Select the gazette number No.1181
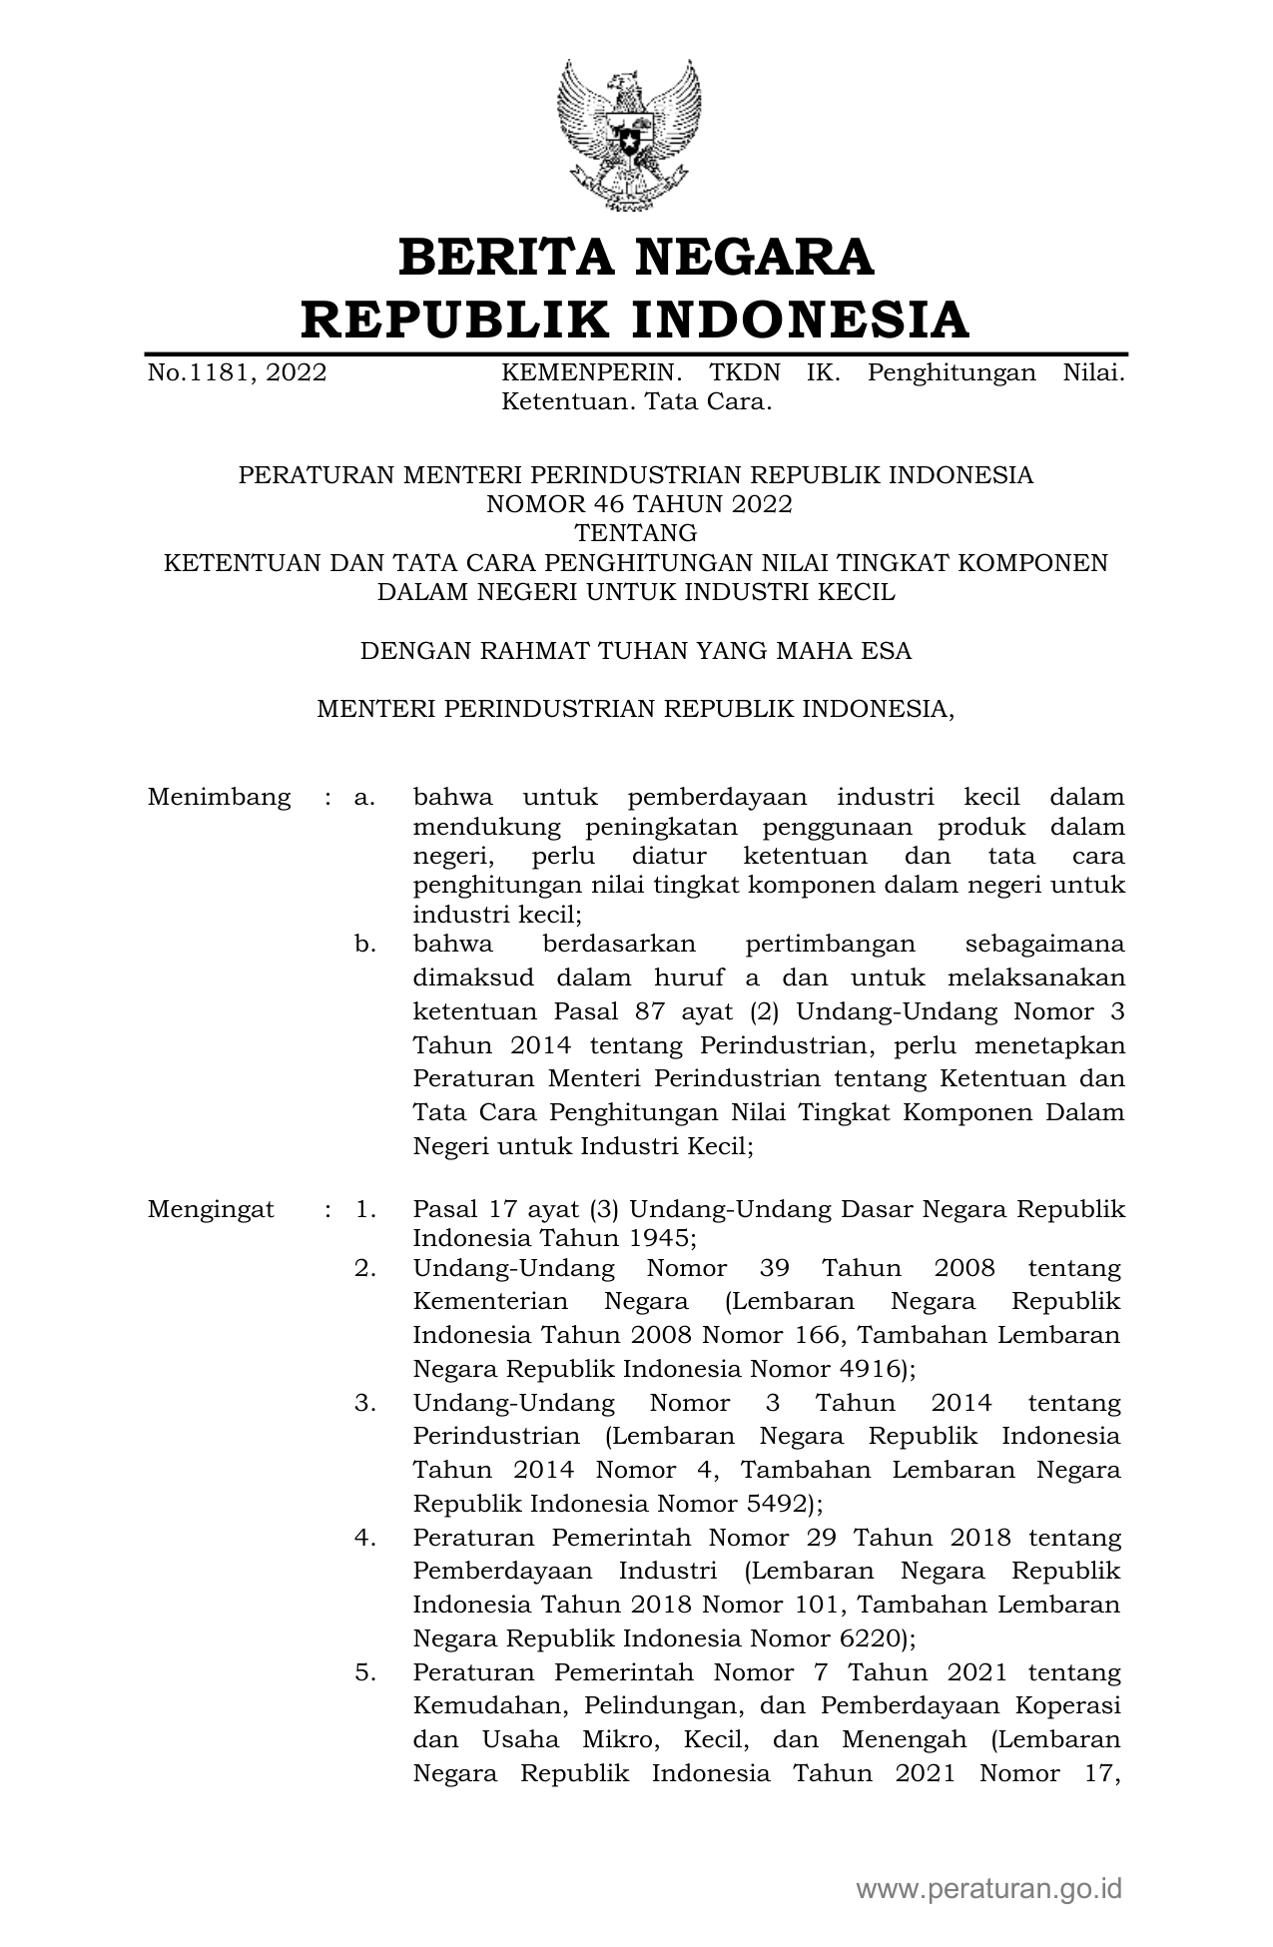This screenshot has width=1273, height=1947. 201,373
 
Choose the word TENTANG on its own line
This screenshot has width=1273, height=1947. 636,533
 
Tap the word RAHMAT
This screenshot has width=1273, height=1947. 538,651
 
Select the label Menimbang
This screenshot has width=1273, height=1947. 219,797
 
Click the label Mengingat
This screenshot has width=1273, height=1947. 211,1209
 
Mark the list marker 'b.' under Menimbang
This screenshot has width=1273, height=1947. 364,944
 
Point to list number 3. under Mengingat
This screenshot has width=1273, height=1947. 364,1403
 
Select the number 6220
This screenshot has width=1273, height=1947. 867,1637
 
